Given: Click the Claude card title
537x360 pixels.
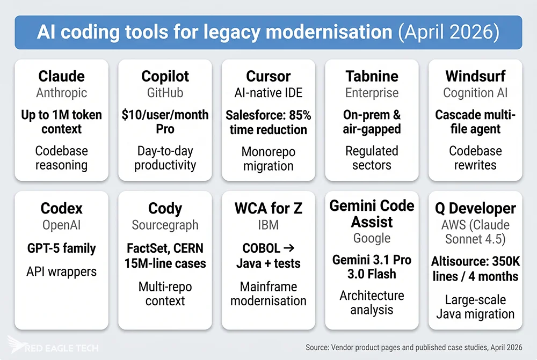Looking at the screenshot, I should tap(61, 76).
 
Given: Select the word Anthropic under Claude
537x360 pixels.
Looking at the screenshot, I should tap(61, 93).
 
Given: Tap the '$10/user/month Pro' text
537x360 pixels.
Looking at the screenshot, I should tap(165, 122).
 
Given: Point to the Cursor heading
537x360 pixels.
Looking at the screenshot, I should tap(268, 76).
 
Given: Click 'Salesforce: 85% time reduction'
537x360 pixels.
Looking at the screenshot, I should tap(268, 122).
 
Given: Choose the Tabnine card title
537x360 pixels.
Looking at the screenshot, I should tap(372, 76).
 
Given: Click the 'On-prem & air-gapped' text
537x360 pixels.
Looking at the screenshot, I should tap(372, 122).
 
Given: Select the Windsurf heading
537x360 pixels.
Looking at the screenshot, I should tap(475, 76).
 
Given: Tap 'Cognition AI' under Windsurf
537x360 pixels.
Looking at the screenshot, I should tap(475, 93).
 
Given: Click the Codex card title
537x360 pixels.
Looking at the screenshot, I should tap(61, 208).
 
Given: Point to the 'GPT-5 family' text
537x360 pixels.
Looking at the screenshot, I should tap(61, 248).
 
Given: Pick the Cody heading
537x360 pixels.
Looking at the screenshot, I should tap(165, 208).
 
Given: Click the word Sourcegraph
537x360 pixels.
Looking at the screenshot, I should tap(165, 225).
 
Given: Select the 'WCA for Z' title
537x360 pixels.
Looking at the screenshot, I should tap(268, 208).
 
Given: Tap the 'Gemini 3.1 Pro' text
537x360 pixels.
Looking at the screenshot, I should tap(372, 260).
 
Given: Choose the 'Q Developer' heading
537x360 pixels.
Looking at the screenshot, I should tap(475, 208).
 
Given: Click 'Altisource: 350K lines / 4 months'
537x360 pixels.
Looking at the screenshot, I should tap(475, 269).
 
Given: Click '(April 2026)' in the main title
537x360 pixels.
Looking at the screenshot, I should tap(448, 33).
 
